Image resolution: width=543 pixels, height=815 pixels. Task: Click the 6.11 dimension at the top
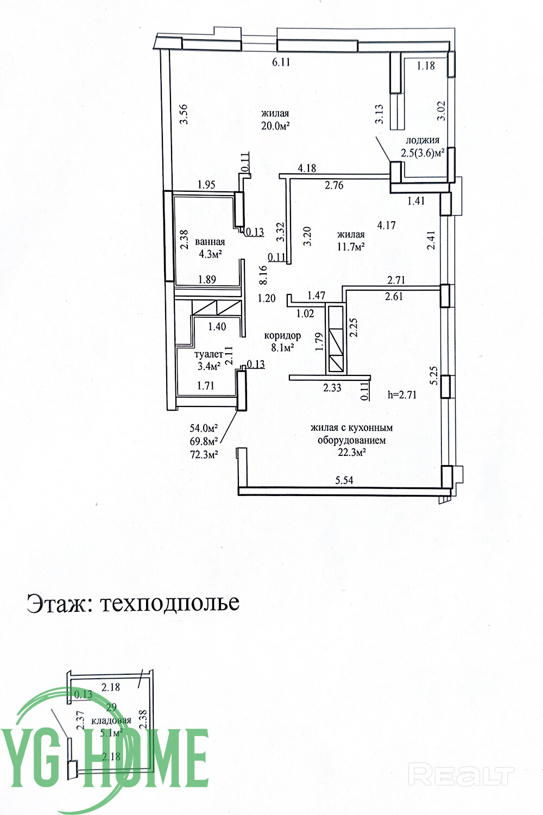[281, 62]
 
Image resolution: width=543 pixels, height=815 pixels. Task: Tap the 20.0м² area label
[275, 126]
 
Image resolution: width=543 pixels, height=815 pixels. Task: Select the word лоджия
[422, 140]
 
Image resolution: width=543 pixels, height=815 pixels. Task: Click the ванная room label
[210, 242]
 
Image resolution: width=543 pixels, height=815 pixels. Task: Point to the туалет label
[209, 354]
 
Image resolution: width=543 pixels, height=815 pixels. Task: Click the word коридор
[282, 336]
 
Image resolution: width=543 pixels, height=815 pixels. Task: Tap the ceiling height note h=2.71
[402, 395]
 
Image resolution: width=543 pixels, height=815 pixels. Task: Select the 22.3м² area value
[352, 453]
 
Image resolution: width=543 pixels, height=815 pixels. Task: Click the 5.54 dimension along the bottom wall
[344, 480]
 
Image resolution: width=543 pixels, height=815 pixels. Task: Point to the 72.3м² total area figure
[204, 454]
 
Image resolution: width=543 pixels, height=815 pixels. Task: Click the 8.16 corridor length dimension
[263, 275]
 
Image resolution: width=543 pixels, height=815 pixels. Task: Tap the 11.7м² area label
[351, 247]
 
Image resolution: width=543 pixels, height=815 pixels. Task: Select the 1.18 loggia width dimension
[426, 66]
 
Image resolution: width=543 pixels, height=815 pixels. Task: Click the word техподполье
[170, 604]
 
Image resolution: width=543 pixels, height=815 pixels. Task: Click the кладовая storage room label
[111, 721]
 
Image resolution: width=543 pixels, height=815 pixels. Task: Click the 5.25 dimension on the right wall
[433, 375]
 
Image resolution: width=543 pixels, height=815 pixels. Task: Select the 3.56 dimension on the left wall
[185, 114]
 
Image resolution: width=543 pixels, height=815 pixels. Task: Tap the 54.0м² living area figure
[204, 428]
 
